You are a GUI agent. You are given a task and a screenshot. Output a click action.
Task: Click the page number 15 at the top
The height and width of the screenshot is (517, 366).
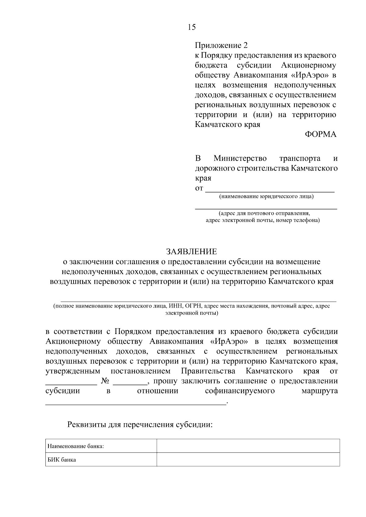tap(192, 27)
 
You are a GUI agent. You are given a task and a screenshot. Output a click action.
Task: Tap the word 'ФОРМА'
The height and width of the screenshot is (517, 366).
tap(321, 134)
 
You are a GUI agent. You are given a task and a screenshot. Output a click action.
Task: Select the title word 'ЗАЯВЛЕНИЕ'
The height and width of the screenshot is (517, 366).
tap(192, 251)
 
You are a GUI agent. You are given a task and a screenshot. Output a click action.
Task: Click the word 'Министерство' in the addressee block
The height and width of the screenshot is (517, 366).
tap(240, 158)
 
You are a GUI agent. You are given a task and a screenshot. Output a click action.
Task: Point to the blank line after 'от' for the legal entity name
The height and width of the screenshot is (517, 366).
tap(270, 191)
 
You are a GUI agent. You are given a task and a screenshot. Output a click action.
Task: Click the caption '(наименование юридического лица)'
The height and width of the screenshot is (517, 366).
tap(266, 197)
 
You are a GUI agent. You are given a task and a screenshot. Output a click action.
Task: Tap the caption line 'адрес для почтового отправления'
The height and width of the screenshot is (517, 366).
tap(264, 213)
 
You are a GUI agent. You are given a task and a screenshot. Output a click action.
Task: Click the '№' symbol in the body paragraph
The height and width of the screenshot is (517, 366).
tap(105, 381)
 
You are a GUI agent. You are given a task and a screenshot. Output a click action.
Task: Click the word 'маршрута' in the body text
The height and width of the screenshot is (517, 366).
tap(319, 391)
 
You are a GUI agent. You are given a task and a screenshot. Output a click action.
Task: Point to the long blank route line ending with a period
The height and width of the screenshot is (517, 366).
tap(136, 403)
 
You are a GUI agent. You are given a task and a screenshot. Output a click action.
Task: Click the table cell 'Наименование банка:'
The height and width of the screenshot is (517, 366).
tap(76, 446)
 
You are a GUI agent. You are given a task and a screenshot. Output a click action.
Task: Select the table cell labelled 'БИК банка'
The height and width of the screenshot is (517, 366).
tap(62, 460)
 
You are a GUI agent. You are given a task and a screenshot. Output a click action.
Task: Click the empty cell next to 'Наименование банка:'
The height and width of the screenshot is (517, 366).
tap(248, 446)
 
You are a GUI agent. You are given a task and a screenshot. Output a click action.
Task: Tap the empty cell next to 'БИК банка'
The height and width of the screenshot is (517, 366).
tap(248, 460)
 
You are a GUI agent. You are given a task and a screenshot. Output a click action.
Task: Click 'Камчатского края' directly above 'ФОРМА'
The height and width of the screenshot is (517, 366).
tap(228, 125)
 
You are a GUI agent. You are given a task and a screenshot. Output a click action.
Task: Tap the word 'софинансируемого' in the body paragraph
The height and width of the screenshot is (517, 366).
tap(240, 391)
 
